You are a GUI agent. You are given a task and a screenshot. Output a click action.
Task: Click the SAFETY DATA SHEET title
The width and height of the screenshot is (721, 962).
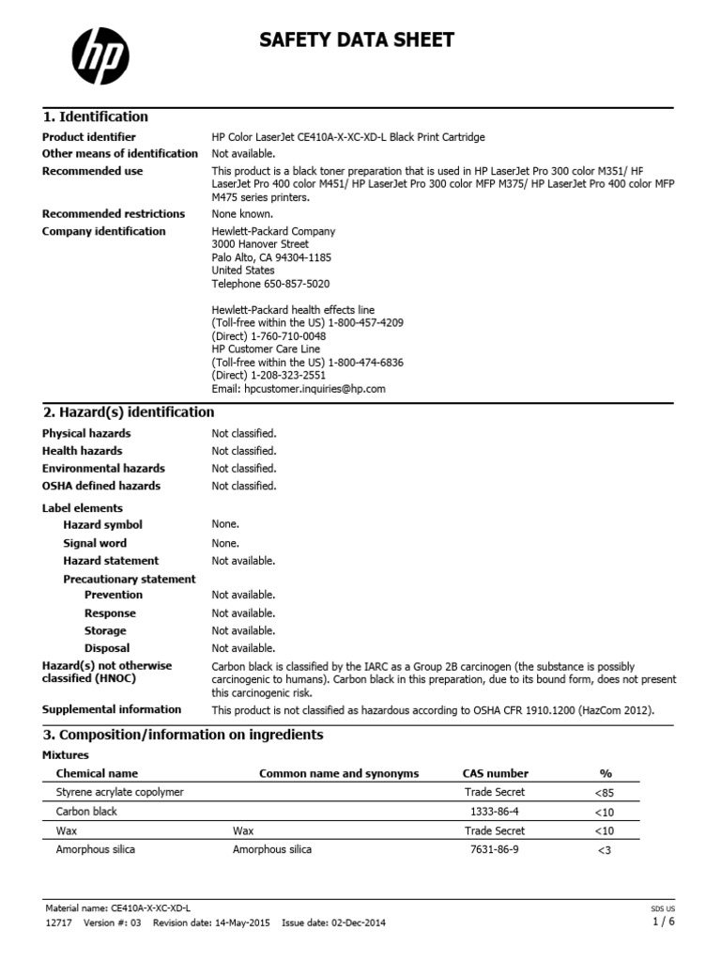(357, 39)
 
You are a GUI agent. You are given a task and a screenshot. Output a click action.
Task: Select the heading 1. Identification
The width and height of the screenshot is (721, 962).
(96, 116)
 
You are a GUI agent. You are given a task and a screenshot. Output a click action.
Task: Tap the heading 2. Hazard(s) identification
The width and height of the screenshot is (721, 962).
(129, 411)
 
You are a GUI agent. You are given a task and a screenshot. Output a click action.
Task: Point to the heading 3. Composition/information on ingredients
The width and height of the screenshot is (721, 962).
(183, 734)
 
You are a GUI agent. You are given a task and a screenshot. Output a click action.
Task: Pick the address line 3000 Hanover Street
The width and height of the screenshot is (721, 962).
(260, 244)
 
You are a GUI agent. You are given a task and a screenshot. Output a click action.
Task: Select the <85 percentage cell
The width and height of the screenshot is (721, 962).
(606, 792)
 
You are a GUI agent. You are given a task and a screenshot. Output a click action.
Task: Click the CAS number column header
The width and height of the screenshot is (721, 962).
(495, 773)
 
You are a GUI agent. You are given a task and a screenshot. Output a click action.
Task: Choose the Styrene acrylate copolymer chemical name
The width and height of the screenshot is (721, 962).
(120, 792)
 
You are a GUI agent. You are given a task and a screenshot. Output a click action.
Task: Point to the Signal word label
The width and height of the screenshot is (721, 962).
(95, 543)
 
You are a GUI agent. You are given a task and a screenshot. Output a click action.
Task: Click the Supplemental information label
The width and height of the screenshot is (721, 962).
(112, 709)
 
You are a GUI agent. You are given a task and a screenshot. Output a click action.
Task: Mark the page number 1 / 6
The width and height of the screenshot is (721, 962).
(663, 922)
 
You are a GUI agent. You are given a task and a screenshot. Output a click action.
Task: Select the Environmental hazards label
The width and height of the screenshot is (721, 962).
(103, 468)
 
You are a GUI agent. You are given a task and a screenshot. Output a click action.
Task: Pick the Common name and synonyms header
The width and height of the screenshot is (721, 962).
(339, 773)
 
